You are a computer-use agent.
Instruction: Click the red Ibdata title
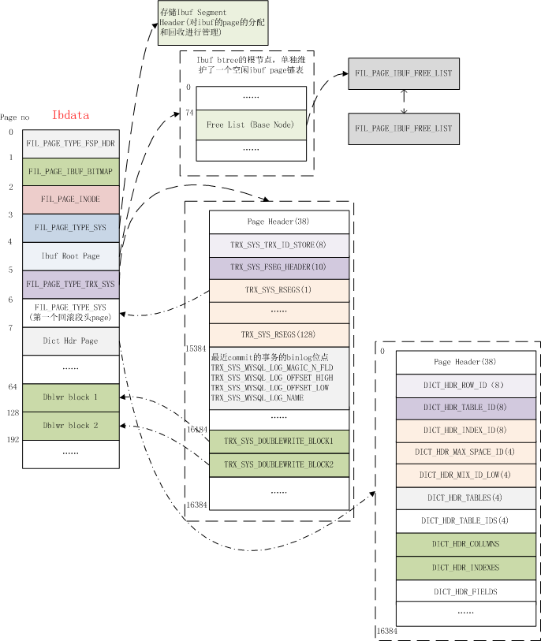(x=70, y=115)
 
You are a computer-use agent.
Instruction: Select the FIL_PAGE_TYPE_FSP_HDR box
(x=71, y=144)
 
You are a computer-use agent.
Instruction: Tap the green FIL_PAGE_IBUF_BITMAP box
(x=71, y=172)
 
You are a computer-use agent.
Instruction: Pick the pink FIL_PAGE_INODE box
(x=71, y=200)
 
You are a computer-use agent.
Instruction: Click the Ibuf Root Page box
(x=71, y=256)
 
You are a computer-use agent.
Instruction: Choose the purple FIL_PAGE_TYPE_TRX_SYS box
(x=71, y=285)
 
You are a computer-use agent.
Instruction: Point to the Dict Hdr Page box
(x=71, y=341)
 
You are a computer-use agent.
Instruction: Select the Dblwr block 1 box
(x=71, y=397)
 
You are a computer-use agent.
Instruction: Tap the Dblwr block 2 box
(x=71, y=426)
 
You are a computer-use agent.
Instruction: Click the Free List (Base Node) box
(x=251, y=125)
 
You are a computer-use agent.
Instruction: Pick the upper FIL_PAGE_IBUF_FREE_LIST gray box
(x=404, y=73)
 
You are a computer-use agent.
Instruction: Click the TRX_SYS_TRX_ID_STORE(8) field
(x=279, y=245)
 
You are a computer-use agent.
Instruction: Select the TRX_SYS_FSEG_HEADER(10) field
(x=279, y=268)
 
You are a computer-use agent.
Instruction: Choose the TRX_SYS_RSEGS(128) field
(x=279, y=335)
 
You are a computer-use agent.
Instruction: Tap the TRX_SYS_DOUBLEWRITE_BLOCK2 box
(x=279, y=465)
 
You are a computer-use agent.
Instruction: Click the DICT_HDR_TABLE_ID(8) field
(x=466, y=408)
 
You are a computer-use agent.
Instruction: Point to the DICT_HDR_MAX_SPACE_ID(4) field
(x=466, y=453)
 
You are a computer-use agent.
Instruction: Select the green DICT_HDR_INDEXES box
(x=466, y=568)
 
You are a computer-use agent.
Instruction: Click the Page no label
(x=15, y=117)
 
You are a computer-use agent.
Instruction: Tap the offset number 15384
(x=196, y=348)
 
